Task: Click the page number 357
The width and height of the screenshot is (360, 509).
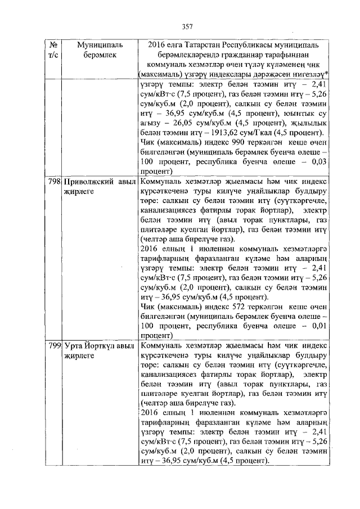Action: tap(188, 26)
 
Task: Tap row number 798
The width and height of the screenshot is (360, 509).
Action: tap(54, 183)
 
